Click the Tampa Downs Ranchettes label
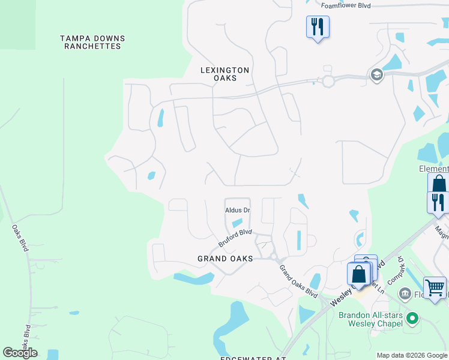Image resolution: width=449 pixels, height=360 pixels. [91, 42]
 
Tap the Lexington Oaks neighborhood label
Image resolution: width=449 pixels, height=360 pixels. [224, 74]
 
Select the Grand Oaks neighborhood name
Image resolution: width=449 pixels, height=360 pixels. [225, 259]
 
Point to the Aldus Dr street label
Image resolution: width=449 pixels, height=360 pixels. [237, 210]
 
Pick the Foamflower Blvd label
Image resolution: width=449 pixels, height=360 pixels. [346, 5]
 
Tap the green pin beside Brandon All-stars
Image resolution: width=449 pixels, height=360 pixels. [411, 317]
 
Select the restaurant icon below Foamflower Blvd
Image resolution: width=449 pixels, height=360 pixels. [317, 26]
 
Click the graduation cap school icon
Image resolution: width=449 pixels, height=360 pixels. [376, 75]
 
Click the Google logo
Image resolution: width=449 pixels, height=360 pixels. [20, 352]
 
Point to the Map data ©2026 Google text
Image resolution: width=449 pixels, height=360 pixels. [412, 355]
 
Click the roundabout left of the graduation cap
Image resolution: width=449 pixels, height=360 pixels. [328, 81]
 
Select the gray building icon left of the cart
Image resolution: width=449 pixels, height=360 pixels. [405, 293]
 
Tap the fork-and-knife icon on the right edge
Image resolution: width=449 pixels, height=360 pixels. [438, 202]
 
